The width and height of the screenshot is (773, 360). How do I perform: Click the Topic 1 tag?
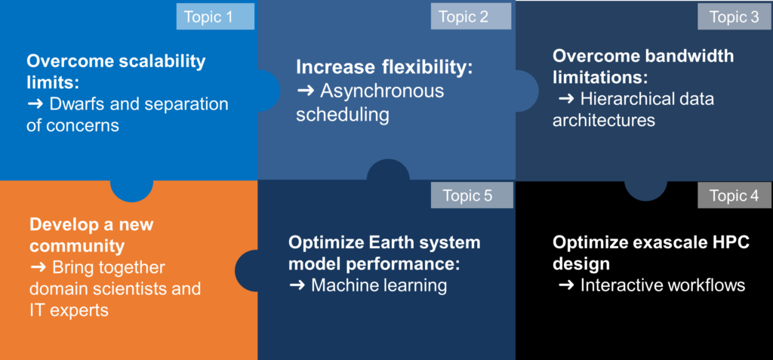(x=215, y=17)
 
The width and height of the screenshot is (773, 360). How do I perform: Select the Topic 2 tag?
(x=471, y=17)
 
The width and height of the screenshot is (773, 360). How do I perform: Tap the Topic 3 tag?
(x=734, y=17)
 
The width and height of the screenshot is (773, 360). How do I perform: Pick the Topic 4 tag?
(x=734, y=195)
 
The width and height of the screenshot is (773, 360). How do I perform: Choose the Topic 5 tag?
(x=472, y=195)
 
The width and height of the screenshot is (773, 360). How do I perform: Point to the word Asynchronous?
(x=382, y=91)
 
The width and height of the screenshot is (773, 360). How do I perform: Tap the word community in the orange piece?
(x=77, y=245)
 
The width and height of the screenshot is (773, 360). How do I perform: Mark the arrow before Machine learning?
(x=297, y=285)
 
